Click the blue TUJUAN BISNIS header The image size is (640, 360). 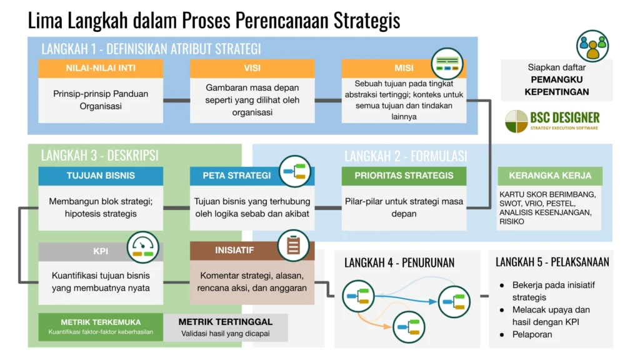click(101, 176)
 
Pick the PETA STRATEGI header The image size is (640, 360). click(236, 176)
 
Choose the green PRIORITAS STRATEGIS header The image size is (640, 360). click(404, 176)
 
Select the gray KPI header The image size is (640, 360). click(101, 252)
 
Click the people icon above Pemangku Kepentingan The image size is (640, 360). click(592, 46)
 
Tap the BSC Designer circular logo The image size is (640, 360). click(516, 121)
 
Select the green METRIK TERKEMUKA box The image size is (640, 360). click(101, 327)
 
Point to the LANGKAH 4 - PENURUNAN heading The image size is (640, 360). click(399, 263)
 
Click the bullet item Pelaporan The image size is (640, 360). click(532, 334)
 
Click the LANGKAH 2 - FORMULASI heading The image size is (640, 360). click(406, 156)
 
